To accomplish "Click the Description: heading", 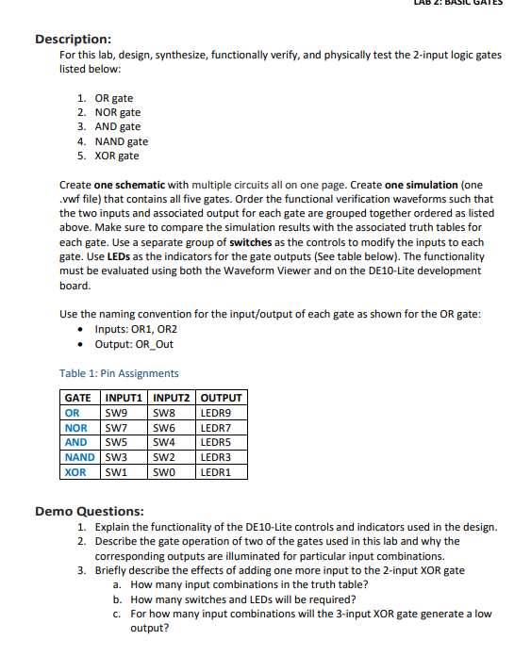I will (74, 39).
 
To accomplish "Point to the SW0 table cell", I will (164, 471).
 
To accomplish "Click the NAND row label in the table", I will (79, 456).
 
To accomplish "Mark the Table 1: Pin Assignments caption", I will (118, 373).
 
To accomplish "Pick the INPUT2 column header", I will (171, 398).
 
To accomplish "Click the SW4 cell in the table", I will (164, 442).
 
